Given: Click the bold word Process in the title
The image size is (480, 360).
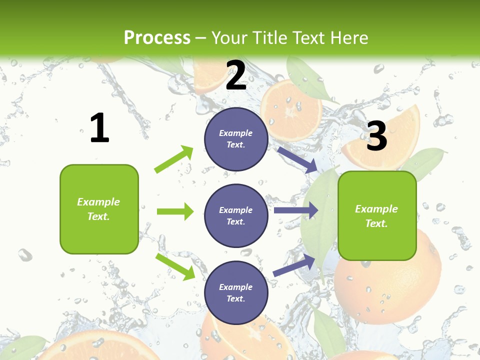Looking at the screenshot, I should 157,37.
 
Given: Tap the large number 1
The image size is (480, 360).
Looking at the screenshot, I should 99,128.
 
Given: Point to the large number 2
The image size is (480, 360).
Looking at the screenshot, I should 236,75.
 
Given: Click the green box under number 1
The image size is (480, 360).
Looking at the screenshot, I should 99,209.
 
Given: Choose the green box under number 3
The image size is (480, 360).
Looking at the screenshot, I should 377,215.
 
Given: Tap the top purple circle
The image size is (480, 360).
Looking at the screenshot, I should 236,139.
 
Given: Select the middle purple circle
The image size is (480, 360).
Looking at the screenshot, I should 236,215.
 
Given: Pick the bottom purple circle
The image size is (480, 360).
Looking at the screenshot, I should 236,292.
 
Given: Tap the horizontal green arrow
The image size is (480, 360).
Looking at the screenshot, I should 175,211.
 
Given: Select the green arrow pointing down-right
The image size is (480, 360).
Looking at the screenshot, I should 175,266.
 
